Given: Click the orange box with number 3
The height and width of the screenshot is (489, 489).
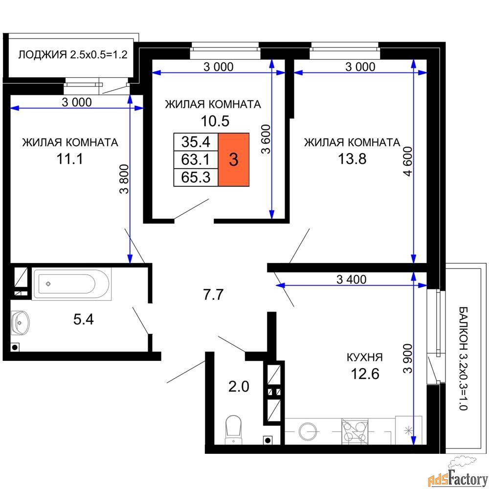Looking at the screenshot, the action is tap(234, 160).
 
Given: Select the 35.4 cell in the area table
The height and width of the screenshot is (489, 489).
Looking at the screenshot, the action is tap(196, 142).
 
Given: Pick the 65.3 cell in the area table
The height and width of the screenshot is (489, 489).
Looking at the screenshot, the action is tap(196, 178).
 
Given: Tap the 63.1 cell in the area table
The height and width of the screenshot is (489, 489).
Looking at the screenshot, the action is tap(196, 160).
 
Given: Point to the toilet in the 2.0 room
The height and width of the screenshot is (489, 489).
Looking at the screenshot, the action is tap(234, 429).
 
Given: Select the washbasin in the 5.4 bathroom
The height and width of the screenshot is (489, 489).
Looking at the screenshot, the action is tap(20, 322).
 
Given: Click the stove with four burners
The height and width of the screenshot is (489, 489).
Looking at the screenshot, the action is tap(355, 431).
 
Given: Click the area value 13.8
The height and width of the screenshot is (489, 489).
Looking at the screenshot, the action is tap(352, 159).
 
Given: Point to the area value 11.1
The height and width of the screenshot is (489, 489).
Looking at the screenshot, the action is tap(70, 159).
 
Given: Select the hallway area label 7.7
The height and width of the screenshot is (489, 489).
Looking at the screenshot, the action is tap(213, 294).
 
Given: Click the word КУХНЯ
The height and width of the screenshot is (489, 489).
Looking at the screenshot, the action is tap(365, 357).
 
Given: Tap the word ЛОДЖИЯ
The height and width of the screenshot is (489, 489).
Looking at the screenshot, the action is tap(43, 55).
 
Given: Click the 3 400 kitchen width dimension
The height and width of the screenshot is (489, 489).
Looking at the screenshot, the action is tap(352, 279).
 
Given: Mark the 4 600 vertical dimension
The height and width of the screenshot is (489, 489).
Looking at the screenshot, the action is tap(408, 161).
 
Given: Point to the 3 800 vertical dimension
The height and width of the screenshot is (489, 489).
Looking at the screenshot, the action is tap(124, 179).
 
